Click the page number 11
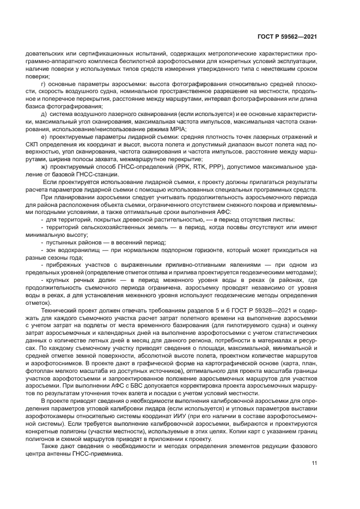pos(314,463)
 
